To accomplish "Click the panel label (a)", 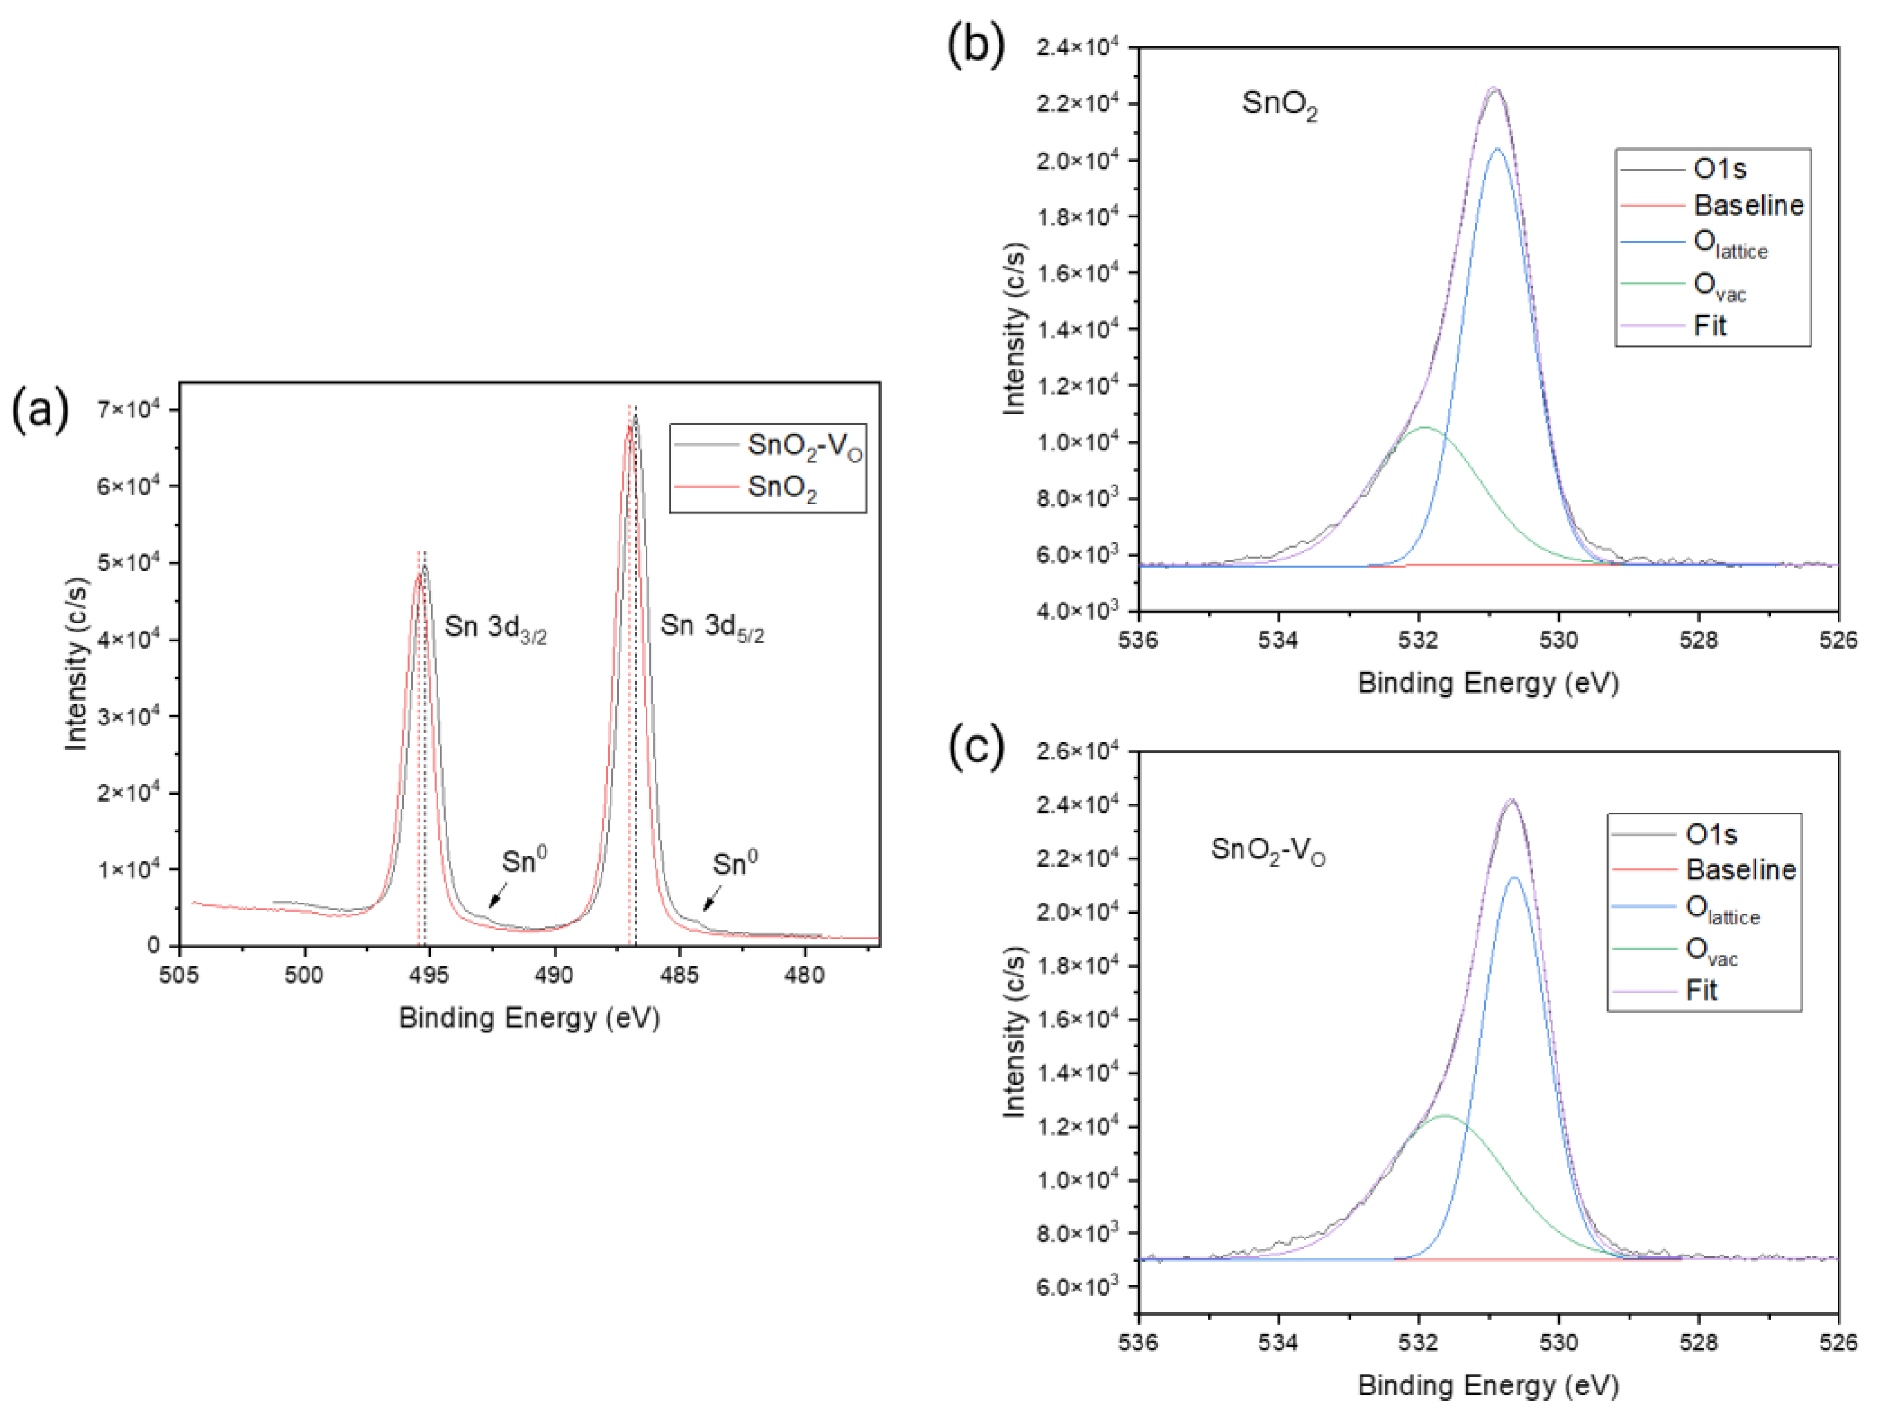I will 40,410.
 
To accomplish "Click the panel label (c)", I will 976,747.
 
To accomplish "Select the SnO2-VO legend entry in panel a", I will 804,446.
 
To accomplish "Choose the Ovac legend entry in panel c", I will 1711,951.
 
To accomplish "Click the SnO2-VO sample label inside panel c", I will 1268,850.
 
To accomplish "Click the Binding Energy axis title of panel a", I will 529,1018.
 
